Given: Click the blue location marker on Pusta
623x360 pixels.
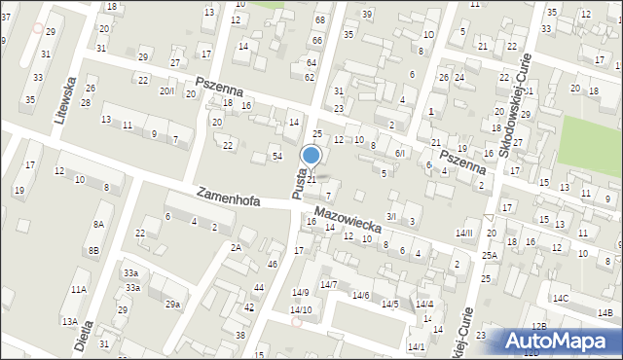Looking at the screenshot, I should pos(311,156).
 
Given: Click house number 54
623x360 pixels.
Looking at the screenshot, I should pos(277,157).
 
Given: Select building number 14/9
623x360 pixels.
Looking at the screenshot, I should pos(300,293).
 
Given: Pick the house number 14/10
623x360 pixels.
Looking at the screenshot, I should pos(302,309).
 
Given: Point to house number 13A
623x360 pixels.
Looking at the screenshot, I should pos(69,321).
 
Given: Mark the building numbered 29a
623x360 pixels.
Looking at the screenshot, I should pos(172,305).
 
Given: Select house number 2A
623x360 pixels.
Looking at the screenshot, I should pos(236,247).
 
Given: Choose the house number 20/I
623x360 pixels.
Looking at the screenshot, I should pos(167,90).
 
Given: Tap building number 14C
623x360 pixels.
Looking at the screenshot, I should pos(561,298).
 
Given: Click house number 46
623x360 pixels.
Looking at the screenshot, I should pos(273,264).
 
